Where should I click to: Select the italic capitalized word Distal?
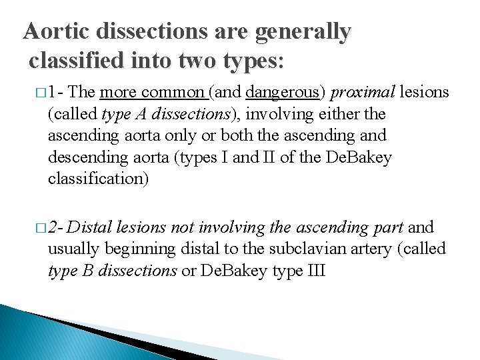click(90, 228)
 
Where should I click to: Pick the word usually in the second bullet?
click(73, 249)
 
